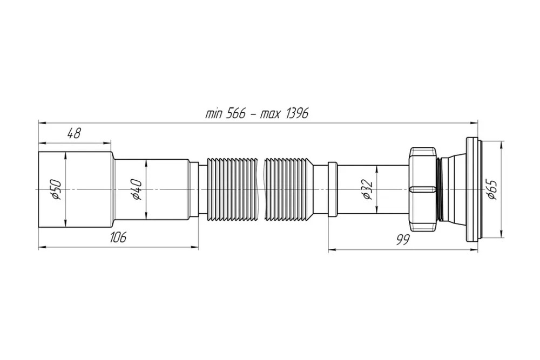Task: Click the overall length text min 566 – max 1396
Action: click(x=256, y=113)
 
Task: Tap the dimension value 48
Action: click(x=73, y=133)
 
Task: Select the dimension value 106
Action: click(x=118, y=237)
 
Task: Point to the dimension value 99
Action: click(x=402, y=240)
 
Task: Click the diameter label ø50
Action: click(x=56, y=189)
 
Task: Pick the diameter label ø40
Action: click(x=137, y=189)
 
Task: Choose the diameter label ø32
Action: click(x=367, y=189)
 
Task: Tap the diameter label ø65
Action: click(x=492, y=189)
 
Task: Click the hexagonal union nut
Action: click(x=423, y=189)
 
